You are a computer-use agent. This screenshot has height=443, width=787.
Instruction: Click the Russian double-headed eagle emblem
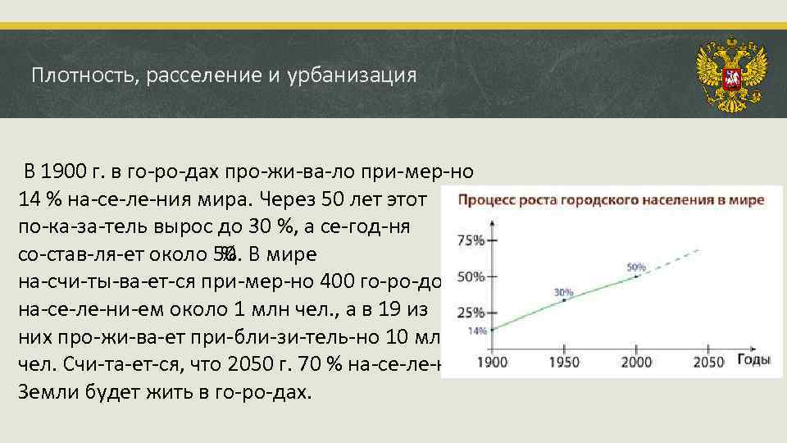tap(731, 74)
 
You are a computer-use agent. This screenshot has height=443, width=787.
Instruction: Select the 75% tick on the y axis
tap(470, 240)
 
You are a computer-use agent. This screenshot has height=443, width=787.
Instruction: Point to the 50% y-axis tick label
tap(470, 276)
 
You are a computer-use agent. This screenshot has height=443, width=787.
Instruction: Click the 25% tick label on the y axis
tap(470, 313)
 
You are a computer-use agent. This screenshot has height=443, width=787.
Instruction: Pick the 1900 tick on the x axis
tap(492, 362)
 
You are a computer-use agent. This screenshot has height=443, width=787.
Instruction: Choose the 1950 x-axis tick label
tap(564, 362)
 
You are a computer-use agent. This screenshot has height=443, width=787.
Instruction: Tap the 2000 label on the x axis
tap(636, 362)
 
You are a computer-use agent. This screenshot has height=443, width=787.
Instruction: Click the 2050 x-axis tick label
tap(709, 362)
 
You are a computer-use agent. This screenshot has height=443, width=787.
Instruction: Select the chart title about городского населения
tap(610, 199)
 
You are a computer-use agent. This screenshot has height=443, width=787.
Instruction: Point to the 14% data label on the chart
tap(477, 331)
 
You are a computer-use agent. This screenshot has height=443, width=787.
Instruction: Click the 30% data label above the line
tap(563, 291)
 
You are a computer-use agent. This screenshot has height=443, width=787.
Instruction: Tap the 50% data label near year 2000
tap(636, 267)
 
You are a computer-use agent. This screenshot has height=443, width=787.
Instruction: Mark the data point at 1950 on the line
tap(564, 300)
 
